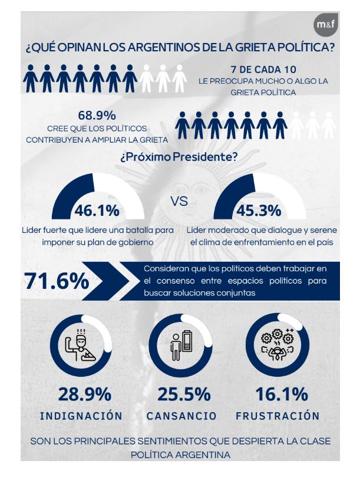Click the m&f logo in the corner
click(x=326, y=25)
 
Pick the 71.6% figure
click(x=57, y=281)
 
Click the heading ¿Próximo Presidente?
click(x=179, y=158)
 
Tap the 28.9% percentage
click(x=85, y=394)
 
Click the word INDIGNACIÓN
click(x=81, y=416)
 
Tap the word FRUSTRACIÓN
click(x=278, y=416)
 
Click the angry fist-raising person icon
click(x=82, y=344)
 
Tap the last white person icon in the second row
click(x=329, y=126)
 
